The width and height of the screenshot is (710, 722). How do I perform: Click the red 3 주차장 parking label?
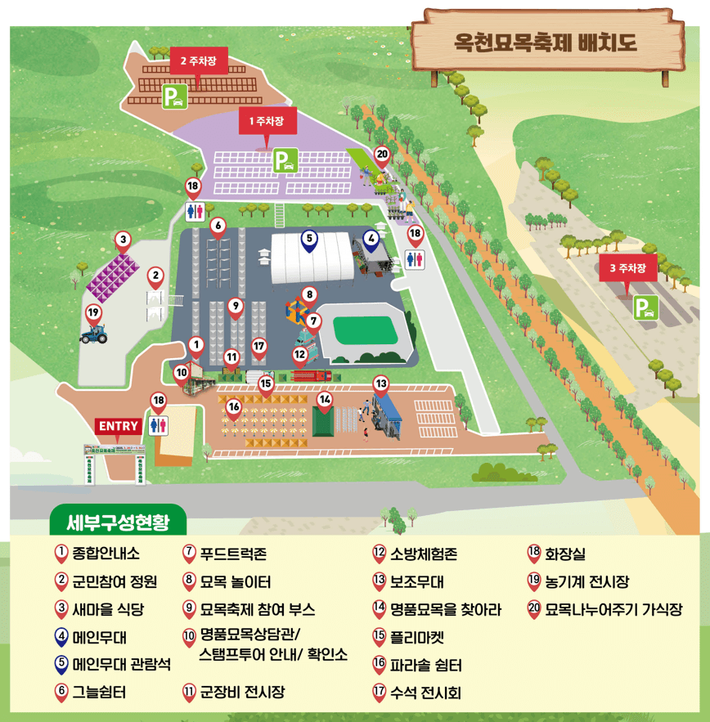(x=627, y=267)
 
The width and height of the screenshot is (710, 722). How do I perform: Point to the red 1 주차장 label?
(x=267, y=123)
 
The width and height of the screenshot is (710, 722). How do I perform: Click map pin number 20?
(x=382, y=155)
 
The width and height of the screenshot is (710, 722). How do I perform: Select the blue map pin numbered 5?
(x=308, y=240)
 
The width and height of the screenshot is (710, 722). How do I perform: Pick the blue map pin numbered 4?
(x=371, y=240)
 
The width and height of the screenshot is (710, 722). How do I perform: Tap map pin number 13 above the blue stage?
(x=380, y=383)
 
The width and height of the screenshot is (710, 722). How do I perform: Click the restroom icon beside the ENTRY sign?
(x=159, y=425)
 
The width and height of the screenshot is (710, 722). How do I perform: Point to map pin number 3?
(x=123, y=241)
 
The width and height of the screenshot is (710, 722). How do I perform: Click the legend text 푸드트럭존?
(x=233, y=554)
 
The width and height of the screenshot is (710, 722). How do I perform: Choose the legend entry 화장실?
(x=565, y=554)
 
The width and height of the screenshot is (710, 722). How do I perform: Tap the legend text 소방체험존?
(x=424, y=554)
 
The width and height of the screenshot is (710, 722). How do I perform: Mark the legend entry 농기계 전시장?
(x=586, y=582)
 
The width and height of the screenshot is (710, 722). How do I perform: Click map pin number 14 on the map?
(x=326, y=401)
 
